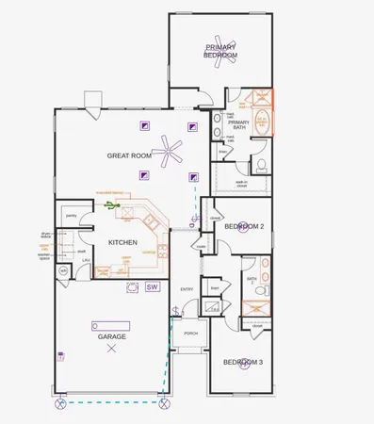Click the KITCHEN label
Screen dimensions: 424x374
tap(122, 242)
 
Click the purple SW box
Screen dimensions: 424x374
tap(152, 285)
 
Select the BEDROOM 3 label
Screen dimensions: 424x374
tap(243, 363)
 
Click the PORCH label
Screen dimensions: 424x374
tap(191, 334)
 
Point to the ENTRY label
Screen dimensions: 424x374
tap(187, 289)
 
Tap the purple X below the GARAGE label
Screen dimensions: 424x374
tap(112, 349)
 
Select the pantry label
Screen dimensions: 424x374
tap(71, 216)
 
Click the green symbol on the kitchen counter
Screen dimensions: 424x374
tap(111, 204)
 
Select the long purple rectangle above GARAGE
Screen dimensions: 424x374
tap(108, 325)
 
